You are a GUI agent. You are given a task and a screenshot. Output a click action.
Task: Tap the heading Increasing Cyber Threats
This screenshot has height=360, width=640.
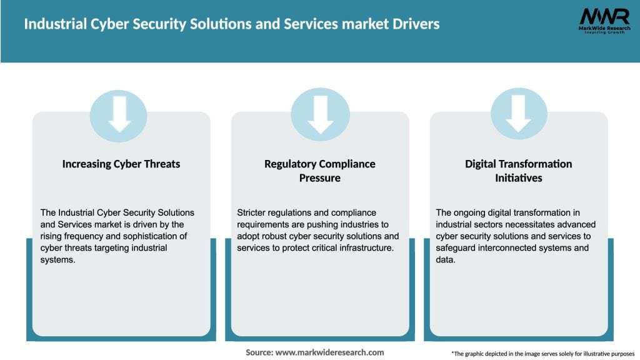tap(121, 164)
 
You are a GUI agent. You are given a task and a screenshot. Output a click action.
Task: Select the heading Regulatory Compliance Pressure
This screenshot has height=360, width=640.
tap(320, 171)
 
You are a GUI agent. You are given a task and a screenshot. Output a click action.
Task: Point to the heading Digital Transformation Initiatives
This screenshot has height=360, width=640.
tap(518, 171)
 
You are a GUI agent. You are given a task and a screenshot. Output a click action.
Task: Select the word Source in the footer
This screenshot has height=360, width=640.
tap(258, 352)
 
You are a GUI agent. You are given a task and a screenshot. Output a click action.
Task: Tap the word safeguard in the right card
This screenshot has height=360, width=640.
tap(457, 247)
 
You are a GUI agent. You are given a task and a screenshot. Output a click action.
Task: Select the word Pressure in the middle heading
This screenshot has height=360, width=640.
tap(320, 178)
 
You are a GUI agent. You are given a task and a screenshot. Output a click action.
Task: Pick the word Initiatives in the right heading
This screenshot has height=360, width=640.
tap(518, 178)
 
